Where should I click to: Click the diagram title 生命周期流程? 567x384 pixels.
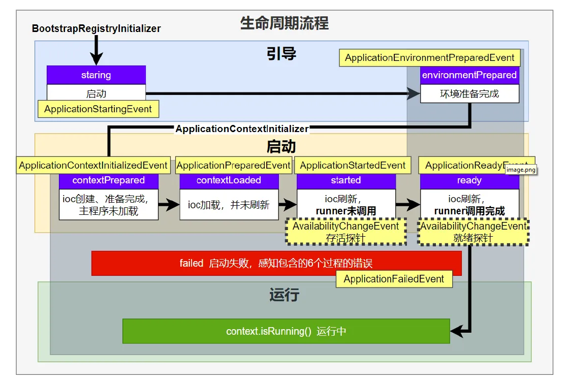[x=284, y=23]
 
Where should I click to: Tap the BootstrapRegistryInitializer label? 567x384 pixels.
[x=96, y=28]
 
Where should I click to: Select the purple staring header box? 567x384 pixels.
[x=96, y=75]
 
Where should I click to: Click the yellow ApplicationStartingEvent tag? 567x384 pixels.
[x=98, y=109]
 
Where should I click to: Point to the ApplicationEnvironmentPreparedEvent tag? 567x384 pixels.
[x=429, y=58]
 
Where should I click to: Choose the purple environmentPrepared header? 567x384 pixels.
[x=469, y=75]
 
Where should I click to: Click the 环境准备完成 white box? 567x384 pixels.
[x=469, y=94]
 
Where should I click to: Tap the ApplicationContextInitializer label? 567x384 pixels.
[x=242, y=129]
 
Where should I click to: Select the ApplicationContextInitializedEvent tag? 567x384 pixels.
[x=93, y=166]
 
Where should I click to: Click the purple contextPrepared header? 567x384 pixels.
[x=108, y=180]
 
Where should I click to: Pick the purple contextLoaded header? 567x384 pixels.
[x=229, y=180]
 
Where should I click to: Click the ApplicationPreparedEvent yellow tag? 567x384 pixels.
[x=233, y=166]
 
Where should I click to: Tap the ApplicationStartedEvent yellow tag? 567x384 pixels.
[x=353, y=166]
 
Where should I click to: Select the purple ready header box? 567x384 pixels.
[x=469, y=180]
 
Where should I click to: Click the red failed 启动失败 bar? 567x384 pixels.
[x=276, y=263]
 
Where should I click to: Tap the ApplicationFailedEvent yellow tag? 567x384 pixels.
[x=394, y=279]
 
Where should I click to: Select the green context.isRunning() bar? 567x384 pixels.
[x=286, y=331]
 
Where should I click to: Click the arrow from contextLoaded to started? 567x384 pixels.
[x=288, y=205]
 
